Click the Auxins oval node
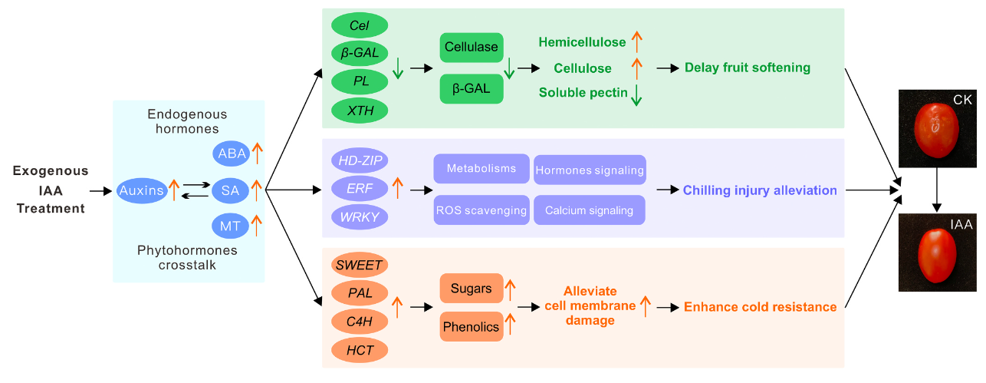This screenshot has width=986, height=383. point(142,190)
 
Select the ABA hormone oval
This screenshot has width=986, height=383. point(232,154)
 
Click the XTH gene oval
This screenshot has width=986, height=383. point(359,110)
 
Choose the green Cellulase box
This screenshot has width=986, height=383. point(472,48)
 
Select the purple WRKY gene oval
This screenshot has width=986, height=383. point(360,216)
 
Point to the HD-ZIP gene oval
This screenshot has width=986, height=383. point(360,160)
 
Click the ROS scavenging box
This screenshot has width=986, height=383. point(481,210)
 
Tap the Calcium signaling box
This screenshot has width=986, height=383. point(590,210)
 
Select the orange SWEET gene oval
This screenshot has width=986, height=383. point(360,265)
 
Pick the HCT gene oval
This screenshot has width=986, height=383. point(360,350)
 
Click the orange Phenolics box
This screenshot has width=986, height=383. point(472,327)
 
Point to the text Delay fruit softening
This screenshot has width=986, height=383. point(747,68)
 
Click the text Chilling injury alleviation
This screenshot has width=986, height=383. point(759,190)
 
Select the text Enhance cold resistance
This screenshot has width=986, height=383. point(760,307)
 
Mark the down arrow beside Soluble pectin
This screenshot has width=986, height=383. point(636,94)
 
